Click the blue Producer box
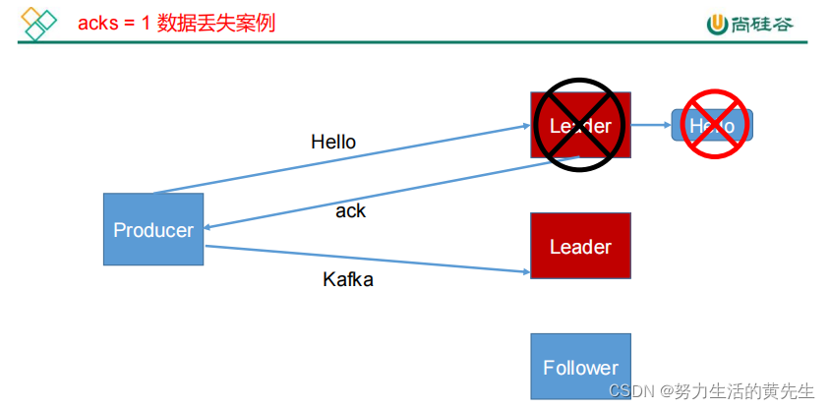(x=153, y=229)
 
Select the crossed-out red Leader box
(x=580, y=126)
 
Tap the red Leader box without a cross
(x=580, y=246)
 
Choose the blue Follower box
(x=580, y=367)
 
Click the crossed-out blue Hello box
(x=712, y=126)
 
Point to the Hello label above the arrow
(x=333, y=142)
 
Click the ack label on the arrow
(x=350, y=210)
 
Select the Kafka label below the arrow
(x=348, y=279)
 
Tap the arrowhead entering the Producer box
(x=208, y=227)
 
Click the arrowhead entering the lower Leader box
(x=524, y=271)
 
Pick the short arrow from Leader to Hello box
(x=651, y=125)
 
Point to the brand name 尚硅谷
(x=763, y=24)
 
